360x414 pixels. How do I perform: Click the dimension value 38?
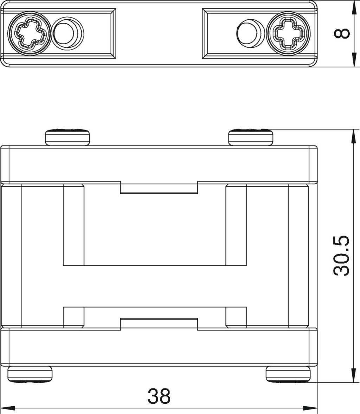click(x=159, y=396)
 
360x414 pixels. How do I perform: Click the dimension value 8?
click(x=342, y=34)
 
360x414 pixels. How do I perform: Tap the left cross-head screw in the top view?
click(x=29, y=33)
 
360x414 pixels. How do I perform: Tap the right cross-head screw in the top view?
click(x=288, y=33)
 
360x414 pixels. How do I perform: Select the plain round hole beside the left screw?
click(x=67, y=33)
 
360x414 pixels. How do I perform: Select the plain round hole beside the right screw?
click(x=250, y=33)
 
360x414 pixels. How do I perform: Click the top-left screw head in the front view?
click(x=67, y=137)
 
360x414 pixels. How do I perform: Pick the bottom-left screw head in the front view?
click(x=30, y=374)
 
